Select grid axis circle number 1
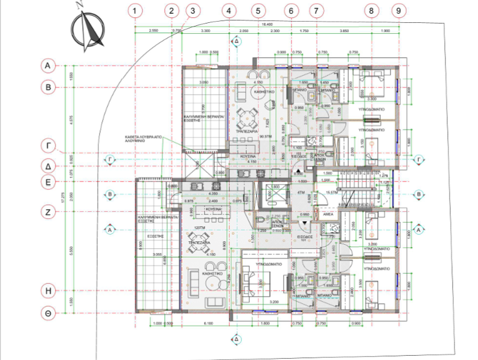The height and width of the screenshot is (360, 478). pos(136,10)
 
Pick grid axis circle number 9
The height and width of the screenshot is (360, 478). pos(397,10)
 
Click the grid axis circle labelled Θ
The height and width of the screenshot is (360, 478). pos(47,313)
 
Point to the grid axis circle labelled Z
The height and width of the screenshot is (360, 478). pos(47,212)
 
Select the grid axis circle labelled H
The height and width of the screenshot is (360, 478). pos(47,291)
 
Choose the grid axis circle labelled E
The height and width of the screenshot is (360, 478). pos(47,182)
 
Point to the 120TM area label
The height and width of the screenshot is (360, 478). pos(200,227)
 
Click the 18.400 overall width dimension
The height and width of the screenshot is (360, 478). pos(267,23)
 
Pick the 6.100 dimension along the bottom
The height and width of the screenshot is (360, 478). pos(208,324)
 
